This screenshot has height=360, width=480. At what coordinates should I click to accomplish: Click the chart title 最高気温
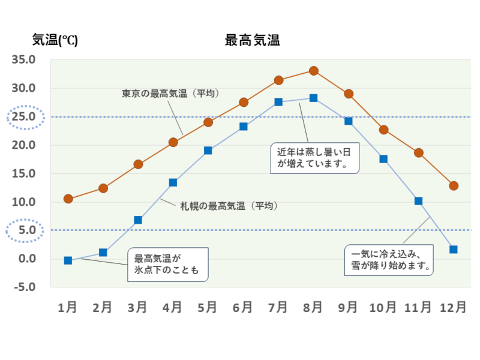pos(253,41)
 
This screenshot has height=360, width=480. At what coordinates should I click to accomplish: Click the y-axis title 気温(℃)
pos(55,41)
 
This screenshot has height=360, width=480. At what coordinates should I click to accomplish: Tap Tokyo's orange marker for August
pos(313,71)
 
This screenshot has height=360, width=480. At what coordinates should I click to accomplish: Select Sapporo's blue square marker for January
pos(68,260)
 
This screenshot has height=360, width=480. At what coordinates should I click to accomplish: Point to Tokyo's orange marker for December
pos(454,186)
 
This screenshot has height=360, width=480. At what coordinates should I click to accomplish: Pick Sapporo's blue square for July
pos(278,102)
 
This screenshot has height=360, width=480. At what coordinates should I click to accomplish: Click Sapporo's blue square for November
pos(418,201)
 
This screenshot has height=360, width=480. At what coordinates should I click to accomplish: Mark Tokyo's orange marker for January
pos(68,199)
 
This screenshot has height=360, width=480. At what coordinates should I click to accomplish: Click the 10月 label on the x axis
pos(382,307)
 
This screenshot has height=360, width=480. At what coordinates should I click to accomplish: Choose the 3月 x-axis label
pos(137,307)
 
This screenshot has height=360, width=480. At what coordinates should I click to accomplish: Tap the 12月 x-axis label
pos(452,307)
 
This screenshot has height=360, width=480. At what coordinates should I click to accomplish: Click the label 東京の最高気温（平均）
pos(170,94)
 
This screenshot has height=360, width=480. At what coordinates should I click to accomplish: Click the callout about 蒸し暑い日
pos(314,158)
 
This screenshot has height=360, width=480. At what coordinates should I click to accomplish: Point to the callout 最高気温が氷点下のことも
pos(167,265)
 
